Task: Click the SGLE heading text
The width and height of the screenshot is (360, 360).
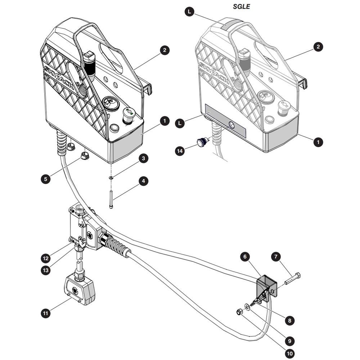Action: point(241,6)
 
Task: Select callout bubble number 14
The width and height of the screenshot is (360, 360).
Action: point(180,151)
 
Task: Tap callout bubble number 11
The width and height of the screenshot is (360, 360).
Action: point(46,313)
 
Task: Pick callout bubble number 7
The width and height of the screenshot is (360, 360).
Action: point(276,257)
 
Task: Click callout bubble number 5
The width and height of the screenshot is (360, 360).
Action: point(46,179)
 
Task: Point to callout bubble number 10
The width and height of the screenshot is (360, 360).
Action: point(290,354)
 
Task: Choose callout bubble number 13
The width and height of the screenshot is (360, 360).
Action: point(46,270)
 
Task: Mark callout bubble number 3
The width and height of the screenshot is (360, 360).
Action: point(144,158)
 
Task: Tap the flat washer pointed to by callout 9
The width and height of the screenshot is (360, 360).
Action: point(248,307)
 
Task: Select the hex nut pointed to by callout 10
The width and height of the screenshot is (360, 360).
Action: point(239,312)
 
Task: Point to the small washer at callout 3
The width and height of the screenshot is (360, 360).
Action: point(111,177)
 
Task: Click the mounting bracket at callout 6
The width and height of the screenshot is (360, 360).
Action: point(266,288)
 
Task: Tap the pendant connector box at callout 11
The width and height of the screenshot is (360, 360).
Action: point(80,289)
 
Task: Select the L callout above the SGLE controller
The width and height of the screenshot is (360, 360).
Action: point(189,12)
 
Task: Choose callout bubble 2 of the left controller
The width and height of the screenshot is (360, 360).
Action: point(165,50)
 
